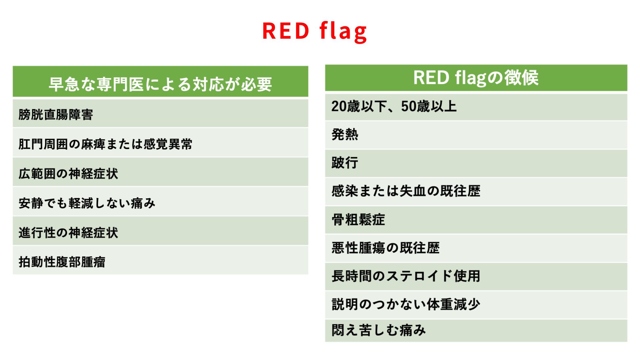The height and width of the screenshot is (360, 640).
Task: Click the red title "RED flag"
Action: (315, 31)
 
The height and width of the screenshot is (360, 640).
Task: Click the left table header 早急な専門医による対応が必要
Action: (160, 84)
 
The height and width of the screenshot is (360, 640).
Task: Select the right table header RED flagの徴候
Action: (476, 78)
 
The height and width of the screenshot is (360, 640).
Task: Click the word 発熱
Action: (345, 135)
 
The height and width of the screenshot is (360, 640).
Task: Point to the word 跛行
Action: (345, 163)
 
